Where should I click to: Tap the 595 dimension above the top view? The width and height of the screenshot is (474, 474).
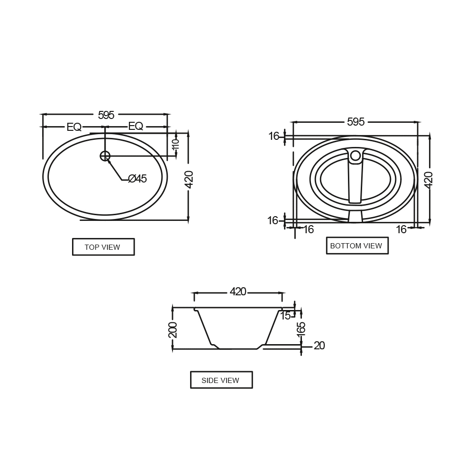click(x=106, y=115)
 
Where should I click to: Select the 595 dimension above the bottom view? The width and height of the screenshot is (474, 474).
click(x=356, y=122)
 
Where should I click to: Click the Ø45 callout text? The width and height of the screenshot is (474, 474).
click(x=137, y=179)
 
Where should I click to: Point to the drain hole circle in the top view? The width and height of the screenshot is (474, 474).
click(x=105, y=156)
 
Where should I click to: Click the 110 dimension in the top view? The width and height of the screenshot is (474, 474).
click(x=176, y=144)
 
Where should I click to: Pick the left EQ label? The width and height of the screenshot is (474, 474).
click(x=74, y=127)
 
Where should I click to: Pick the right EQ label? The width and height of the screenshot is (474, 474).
click(x=136, y=126)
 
